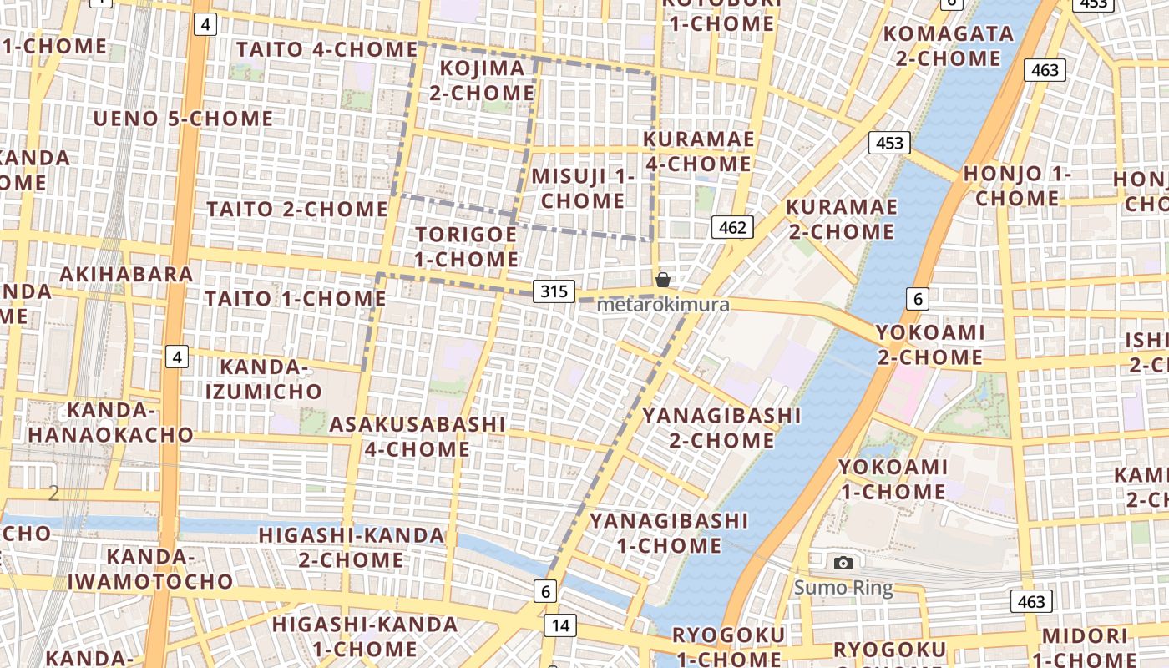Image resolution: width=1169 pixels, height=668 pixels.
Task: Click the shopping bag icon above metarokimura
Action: [x=662, y=280]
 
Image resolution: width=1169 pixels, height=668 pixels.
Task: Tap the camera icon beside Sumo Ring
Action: [x=843, y=564]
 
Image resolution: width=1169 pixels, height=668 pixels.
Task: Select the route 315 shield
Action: [x=554, y=291]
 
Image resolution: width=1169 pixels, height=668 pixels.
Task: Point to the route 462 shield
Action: [x=732, y=227]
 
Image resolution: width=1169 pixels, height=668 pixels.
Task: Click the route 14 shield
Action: [x=559, y=625]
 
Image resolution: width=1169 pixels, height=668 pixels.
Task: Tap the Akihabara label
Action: [x=126, y=274]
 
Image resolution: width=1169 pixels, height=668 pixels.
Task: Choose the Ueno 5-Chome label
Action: [x=183, y=119]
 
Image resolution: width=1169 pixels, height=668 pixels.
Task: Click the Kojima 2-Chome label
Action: [x=482, y=80]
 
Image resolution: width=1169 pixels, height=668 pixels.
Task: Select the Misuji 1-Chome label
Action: [x=583, y=189]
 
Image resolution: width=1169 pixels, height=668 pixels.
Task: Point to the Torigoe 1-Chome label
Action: [x=467, y=247]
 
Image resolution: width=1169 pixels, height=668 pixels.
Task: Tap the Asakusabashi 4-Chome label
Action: [x=417, y=437]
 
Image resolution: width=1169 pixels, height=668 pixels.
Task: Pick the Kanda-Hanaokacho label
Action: [x=111, y=423]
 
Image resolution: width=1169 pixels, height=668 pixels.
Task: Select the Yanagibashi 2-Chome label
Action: [x=721, y=428]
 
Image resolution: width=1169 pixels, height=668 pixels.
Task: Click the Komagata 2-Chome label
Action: [x=949, y=46]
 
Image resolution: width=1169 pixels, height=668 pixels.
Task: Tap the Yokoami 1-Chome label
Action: [x=893, y=479]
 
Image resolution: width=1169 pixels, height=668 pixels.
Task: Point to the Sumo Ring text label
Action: [x=843, y=588]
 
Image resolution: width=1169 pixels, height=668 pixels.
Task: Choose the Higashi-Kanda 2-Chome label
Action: [x=351, y=547]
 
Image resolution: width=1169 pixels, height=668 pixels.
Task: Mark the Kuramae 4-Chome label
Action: [x=699, y=151]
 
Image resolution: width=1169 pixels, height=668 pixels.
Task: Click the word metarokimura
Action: [x=663, y=305]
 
